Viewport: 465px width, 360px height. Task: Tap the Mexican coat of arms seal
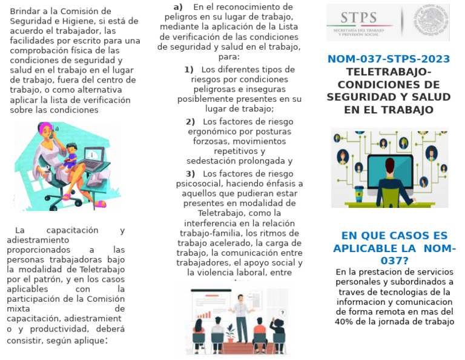pyautogui.click(x=431, y=21)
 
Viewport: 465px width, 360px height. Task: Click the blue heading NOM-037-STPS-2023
pyautogui.click(x=388, y=59)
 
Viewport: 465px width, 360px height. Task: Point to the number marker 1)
pyautogui.click(x=189, y=70)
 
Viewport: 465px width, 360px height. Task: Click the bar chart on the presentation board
pyautogui.click(x=204, y=315)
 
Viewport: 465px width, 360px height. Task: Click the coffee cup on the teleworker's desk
pyautogui.click(x=358, y=192)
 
